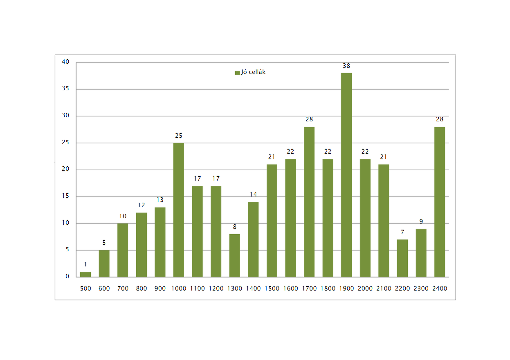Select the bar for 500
tap(85, 274)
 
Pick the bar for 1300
tap(235, 255)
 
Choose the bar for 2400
tap(440, 202)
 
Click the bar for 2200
tap(402, 258)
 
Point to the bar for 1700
tap(309, 202)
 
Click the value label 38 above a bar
tap(346, 66)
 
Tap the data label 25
tap(179, 136)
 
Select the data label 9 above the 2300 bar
tap(421, 221)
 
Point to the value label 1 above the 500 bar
tap(85, 264)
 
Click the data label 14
tap(253, 195)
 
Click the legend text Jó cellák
tap(254, 72)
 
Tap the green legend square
tap(237, 73)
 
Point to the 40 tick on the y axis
tap(66, 62)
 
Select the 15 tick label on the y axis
tap(66, 197)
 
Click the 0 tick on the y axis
tap(67, 277)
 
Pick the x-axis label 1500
tap(272, 288)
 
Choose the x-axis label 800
tap(142, 288)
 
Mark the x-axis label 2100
tap(384, 288)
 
